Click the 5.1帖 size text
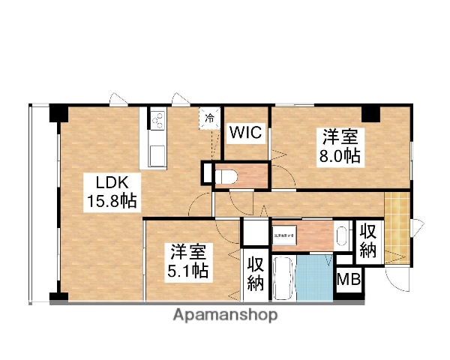(187, 271)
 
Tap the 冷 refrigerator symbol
(211, 118)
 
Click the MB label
(347, 281)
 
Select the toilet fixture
(227, 175)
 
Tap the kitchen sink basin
(158, 154)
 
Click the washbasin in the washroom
(341, 235)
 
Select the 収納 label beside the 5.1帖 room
(255, 274)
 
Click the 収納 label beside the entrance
(367, 241)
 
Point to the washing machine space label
(284, 235)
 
